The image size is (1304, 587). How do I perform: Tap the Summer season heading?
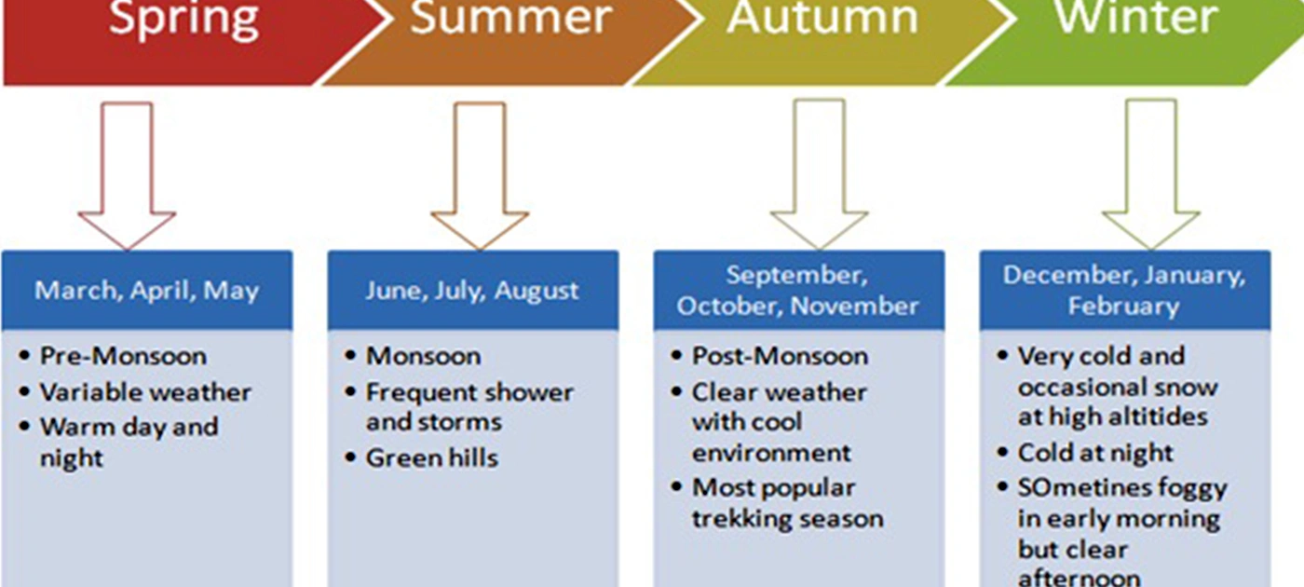coord(511,18)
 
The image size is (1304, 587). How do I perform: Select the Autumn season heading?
coord(822,18)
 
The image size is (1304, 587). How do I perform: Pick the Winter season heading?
coord(1136,18)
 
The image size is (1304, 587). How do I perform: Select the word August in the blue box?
coord(537,291)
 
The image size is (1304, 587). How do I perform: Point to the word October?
coord(728,307)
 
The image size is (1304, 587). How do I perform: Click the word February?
coord(1123,307)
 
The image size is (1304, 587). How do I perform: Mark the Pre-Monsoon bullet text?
coord(123,356)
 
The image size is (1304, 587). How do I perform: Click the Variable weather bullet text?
coord(145,392)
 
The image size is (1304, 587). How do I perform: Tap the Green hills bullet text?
coord(432,458)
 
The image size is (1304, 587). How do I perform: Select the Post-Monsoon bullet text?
coord(781,356)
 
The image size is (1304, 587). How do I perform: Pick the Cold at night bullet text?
coord(1095,454)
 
